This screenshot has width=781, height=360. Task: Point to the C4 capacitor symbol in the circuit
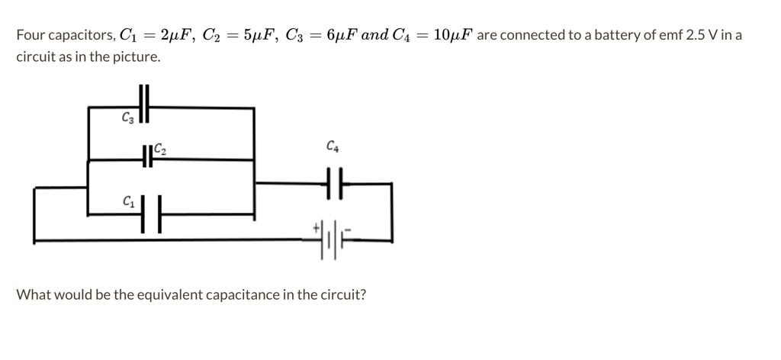click(333, 184)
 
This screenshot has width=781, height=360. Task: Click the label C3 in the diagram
click(127, 117)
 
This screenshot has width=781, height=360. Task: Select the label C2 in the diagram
click(160, 149)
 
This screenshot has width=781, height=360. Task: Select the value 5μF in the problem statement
click(255, 35)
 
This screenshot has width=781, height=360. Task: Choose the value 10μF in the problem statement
click(452, 35)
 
